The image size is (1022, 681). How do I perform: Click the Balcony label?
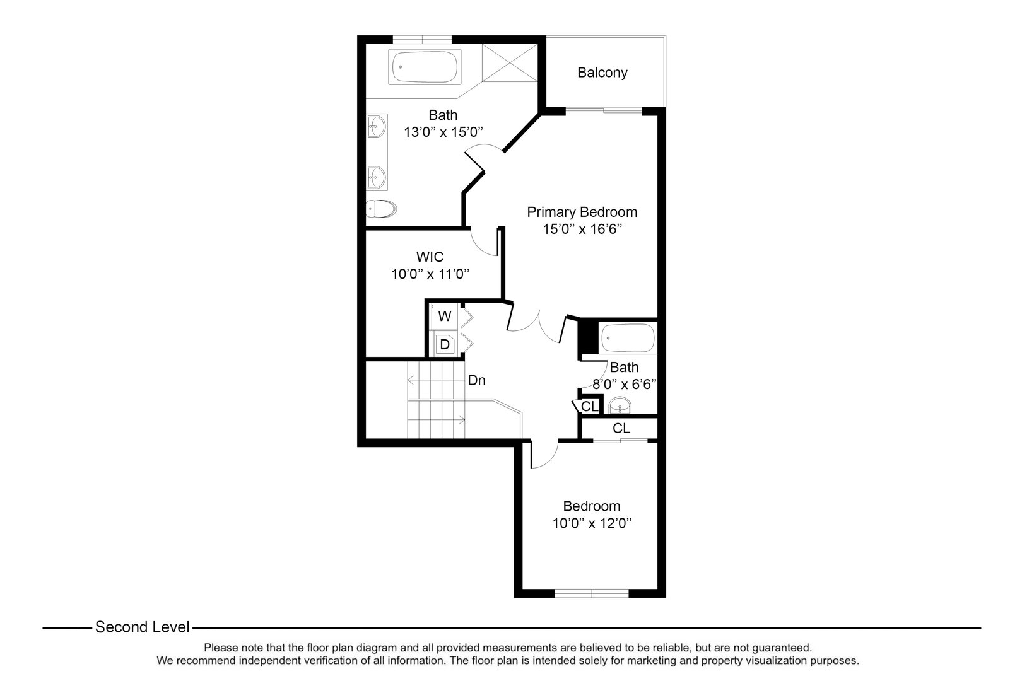(x=602, y=73)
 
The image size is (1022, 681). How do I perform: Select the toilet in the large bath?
(x=380, y=209)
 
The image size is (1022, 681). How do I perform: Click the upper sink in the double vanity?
(x=377, y=126)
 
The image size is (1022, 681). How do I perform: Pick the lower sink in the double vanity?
(x=377, y=177)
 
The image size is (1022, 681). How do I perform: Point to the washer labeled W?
(x=445, y=316)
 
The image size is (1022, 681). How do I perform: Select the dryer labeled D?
(x=445, y=345)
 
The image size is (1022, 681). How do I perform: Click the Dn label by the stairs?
(x=476, y=381)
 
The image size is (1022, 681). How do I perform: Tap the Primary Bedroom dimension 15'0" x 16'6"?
(x=582, y=229)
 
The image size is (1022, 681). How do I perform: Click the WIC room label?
(x=430, y=257)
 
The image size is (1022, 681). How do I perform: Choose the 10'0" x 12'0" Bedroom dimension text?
(x=592, y=523)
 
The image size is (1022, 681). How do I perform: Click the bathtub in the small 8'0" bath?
(x=628, y=339)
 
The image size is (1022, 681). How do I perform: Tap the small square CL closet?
(x=589, y=407)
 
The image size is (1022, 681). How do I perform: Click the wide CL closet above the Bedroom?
(x=621, y=429)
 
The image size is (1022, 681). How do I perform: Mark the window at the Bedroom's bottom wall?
(x=592, y=593)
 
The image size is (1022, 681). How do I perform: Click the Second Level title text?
(x=142, y=627)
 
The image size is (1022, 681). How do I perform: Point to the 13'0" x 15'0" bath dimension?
(x=443, y=132)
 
